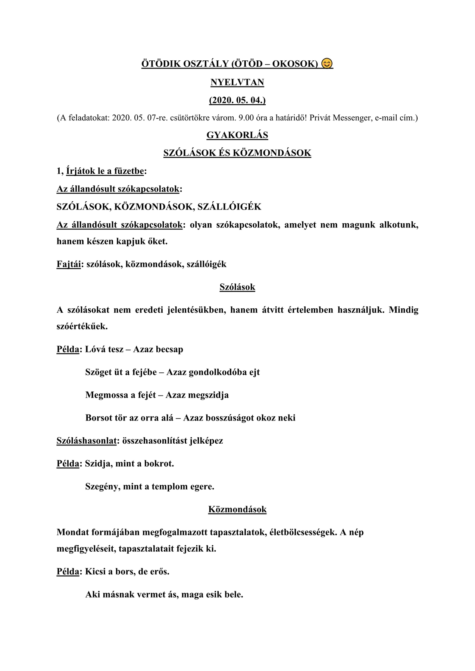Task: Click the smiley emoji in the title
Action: pos(326,64)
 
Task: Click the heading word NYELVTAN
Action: pos(237,82)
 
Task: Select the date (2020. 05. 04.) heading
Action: pos(237,100)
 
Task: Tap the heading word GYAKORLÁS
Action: pos(237,135)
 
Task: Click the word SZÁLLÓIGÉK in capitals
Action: pos(229,207)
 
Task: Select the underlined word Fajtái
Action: pos(69,264)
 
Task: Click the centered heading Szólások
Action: pos(237,287)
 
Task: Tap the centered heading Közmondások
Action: pos(237,510)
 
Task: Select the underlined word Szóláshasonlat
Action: pos(87,441)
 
